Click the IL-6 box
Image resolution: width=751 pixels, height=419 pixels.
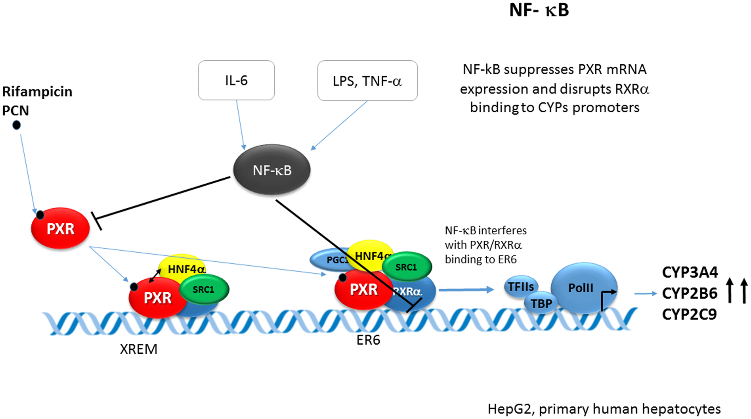coord(236,80)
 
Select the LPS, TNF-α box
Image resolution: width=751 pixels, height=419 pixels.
coord(367,81)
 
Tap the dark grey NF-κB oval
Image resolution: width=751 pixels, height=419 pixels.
coord(272,170)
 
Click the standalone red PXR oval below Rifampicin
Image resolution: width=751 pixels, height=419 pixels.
coord(60,229)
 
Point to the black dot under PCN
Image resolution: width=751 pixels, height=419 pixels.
coord(17,125)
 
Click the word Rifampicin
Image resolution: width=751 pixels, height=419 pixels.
coord(37,91)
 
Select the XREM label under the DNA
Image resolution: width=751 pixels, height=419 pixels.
coord(138,349)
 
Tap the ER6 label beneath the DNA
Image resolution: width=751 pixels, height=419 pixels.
coord(368,340)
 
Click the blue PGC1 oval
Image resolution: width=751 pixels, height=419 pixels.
coord(328,260)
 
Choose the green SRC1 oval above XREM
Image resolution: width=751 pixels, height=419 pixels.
coord(204,289)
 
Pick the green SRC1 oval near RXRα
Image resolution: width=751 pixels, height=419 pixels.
coord(406,267)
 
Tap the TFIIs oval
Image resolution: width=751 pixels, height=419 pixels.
coord(521,286)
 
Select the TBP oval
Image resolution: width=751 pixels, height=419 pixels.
coord(541,303)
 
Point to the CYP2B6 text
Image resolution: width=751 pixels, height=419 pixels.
coord(689,293)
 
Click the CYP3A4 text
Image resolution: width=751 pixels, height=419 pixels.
coord(690,272)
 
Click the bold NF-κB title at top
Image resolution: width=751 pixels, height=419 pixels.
coord(539,10)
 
